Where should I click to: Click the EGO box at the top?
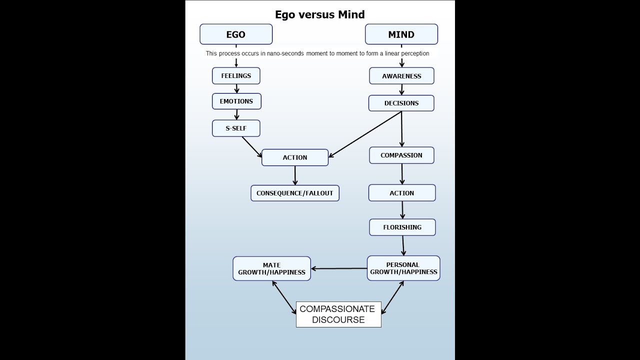pos(236,34)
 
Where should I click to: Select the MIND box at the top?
pos(401,34)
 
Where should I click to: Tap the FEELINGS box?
pos(236,76)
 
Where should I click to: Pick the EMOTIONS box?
pos(236,101)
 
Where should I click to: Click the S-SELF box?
pos(236,128)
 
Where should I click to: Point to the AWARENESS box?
pos(401,76)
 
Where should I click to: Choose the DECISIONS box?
pos(401,103)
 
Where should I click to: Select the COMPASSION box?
pos(401,155)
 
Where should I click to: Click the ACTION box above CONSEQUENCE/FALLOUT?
pos(295,157)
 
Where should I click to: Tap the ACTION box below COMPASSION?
pos(402,193)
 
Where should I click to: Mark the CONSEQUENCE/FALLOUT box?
pos(295,193)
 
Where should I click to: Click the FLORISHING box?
pos(402,227)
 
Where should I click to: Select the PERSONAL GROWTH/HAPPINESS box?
pos(403,268)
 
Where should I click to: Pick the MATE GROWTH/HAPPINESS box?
pos(271,268)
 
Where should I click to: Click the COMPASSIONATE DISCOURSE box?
pos(338,314)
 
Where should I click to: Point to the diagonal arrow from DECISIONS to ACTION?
pos(365,134)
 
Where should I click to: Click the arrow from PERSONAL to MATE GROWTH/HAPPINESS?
pos(339,268)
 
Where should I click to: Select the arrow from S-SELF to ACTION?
pos(252,147)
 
